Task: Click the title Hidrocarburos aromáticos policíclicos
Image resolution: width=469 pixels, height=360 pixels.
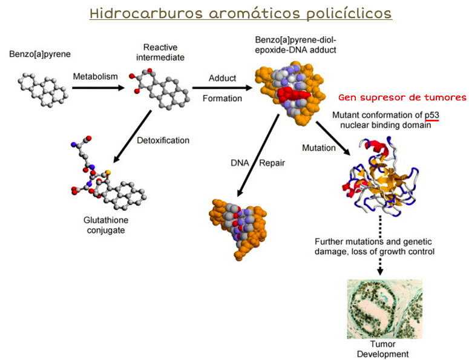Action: tap(240, 13)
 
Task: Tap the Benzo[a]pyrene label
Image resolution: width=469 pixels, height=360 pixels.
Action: tap(40, 54)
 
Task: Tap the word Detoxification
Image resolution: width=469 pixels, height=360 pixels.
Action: tap(163, 140)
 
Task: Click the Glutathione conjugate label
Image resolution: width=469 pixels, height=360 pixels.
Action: tap(105, 225)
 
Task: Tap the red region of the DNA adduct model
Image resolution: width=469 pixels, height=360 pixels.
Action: tap(294, 94)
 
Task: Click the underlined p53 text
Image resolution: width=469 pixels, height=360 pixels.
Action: tap(431, 115)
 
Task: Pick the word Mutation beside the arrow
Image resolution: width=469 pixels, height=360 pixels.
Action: tap(318, 148)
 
